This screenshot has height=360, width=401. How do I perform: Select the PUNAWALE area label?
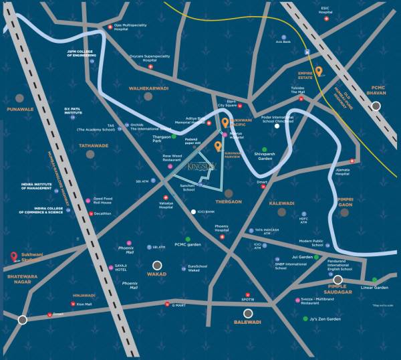(19, 108)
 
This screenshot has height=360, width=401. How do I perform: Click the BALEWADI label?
(248, 322)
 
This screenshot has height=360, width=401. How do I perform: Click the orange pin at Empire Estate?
(319, 72)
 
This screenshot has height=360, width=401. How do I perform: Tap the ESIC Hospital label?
(325, 10)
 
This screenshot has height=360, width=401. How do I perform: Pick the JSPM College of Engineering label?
(83, 53)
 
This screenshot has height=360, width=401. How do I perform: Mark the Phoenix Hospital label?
(221, 228)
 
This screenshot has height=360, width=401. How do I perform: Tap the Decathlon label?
(102, 213)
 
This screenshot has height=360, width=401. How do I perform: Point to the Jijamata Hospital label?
(342, 171)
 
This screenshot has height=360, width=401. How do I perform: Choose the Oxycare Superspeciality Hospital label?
(150, 57)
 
